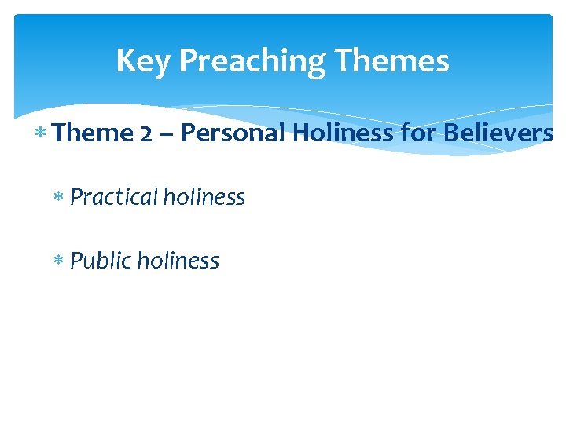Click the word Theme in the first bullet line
pos(94,133)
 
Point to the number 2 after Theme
pos(148,133)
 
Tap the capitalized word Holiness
pos(344,133)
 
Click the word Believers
pos(498,133)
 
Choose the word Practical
pos(114,197)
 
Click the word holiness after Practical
pos(204,197)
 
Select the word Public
pos(101,261)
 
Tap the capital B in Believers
pos(451,133)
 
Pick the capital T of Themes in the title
pos(343,61)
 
